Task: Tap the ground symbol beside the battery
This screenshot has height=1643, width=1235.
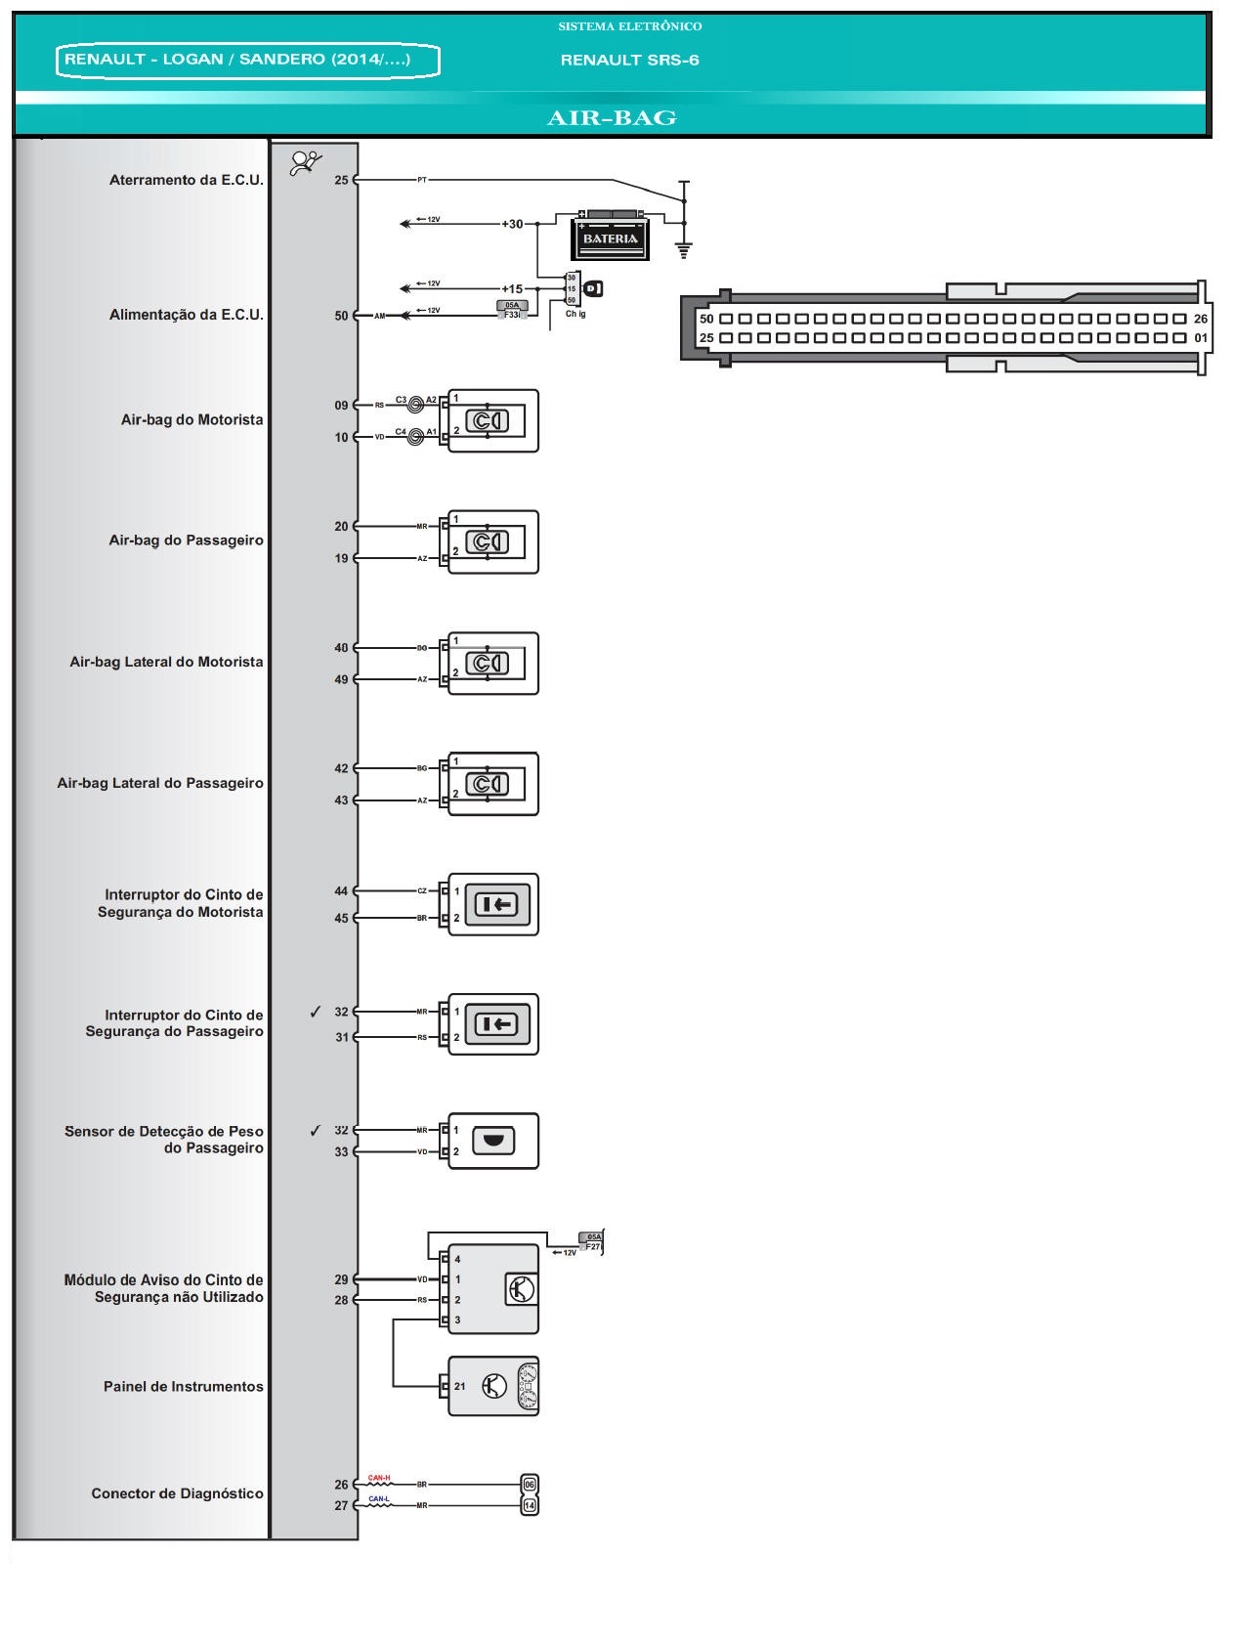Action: pyautogui.click(x=684, y=249)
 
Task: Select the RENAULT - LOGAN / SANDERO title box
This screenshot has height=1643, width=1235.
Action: pyautogui.click(x=248, y=61)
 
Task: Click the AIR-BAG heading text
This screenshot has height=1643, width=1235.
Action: pyautogui.click(x=612, y=118)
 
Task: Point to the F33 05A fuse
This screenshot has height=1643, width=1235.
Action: pyautogui.click(x=512, y=311)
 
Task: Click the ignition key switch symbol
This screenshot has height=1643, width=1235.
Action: pyautogui.click(x=593, y=288)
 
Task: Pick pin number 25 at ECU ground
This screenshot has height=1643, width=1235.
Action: pyautogui.click(x=341, y=180)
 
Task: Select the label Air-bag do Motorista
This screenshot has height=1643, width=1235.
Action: pyautogui.click(x=192, y=420)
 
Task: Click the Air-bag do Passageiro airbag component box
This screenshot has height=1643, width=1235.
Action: pyautogui.click(x=493, y=541)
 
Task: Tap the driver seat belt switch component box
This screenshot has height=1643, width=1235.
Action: pyautogui.click(x=493, y=904)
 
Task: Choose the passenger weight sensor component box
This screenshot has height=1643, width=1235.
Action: pyautogui.click(x=493, y=1141)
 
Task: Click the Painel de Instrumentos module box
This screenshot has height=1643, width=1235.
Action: pyautogui.click(x=493, y=1386)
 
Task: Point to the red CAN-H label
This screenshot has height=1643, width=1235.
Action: pyautogui.click(x=379, y=1478)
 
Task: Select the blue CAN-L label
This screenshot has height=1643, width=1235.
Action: pyautogui.click(x=379, y=1498)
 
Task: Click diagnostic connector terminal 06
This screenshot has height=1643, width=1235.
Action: pyautogui.click(x=530, y=1484)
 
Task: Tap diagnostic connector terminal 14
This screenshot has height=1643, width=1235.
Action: pyautogui.click(x=530, y=1505)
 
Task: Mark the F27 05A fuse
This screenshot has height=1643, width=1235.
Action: pyautogui.click(x=592, y=1242)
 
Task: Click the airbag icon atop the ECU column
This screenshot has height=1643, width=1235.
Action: pyautogui.click(x=306, y=163)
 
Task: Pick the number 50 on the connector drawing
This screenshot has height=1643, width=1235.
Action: pyautogui.click(x=706, y=319)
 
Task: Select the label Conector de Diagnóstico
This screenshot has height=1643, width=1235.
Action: pyautogui.click(x=177, y=1493)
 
